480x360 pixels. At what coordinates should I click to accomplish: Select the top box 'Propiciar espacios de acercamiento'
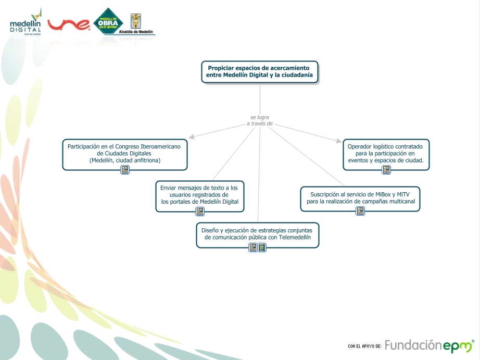click(x=260, y=71)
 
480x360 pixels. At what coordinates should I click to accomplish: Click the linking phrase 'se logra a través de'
click(x=260, y=120)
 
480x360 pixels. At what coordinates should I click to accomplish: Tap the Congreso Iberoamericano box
click(x=124, y=154)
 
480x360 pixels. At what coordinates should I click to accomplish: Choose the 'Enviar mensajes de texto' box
click(x=199, y=195)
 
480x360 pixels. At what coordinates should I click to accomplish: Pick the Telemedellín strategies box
click(x=258, y=234)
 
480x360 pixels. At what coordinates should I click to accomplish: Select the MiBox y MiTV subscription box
click(x=360, y=198)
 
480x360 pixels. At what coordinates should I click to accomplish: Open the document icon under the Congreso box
click(x=125, y=170)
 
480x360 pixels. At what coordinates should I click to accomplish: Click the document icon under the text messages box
click(x=200, y=212)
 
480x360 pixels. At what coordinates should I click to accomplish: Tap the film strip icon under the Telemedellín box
click(x=262, y=247)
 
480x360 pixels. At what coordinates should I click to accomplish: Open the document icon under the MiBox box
click(x=360, y=211)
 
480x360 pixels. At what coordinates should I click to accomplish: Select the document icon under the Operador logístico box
click(x=386, y=170)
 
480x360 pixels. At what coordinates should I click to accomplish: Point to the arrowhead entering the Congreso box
click(x=192, y=138)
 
